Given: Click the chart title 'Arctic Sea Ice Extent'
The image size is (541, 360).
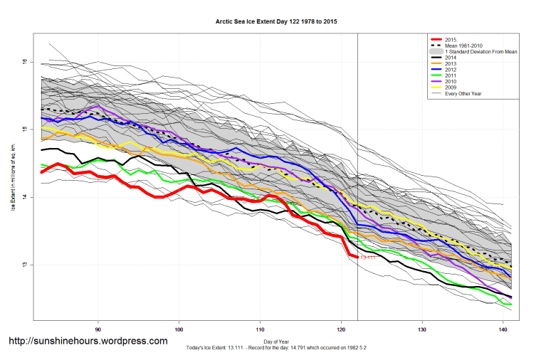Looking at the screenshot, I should pos(276,21).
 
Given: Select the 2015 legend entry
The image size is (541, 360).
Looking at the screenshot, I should pos(450,40).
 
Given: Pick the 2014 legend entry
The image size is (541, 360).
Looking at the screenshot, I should pos(450,60).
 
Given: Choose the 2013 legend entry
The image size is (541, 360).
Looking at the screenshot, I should pos(450,66).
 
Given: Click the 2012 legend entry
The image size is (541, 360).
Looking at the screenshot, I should pos(450,73).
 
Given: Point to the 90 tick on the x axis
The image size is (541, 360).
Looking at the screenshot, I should pos(98,329).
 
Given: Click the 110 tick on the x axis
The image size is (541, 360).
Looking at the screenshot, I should pos(261,329).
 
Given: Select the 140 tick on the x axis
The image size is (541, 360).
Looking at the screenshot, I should pos(504,329).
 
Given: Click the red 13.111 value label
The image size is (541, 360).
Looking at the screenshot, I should pos(368,258).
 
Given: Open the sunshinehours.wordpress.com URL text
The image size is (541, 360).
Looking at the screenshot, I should pos(88,341).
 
